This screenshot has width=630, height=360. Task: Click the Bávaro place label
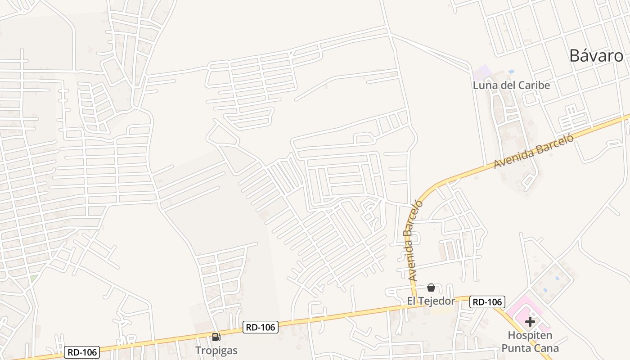(596, 55)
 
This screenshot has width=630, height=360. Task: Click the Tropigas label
(216, 350)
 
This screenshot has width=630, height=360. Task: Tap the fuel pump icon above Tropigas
(216, 337)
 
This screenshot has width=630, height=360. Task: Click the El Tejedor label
(431, 301)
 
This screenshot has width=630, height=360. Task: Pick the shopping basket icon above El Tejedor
(431, 288)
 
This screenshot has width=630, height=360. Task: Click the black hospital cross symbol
(530, 322)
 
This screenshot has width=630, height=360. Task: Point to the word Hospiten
(530, 335)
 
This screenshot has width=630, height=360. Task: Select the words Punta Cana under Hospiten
(530, 348)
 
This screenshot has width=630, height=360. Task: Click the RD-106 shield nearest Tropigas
(261, 327)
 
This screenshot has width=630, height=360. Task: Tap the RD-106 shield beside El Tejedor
(487, 301)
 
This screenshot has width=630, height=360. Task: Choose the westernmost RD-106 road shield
(81, 352)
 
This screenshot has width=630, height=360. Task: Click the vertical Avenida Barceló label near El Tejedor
(410, 241)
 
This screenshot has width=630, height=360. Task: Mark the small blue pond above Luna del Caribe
(511, 71)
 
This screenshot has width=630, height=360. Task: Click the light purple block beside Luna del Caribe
(482, 72)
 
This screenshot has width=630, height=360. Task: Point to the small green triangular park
(34, 279)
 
